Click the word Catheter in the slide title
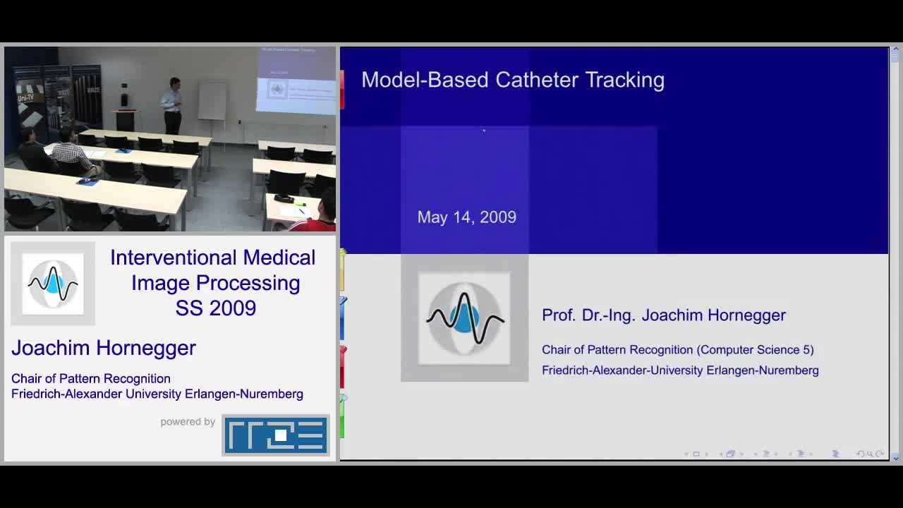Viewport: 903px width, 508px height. tap(538, 80)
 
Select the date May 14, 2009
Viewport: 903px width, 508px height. tap(467, 217)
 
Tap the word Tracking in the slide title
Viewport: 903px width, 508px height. tap(625, 80)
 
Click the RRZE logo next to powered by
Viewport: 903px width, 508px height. tap(276, 435)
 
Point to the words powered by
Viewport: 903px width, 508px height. tap(188, 422)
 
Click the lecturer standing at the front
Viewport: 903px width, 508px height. tap(171, 106)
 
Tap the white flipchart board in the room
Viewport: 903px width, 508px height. tap(212, 101)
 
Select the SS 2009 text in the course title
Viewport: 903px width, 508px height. tap(216, 308)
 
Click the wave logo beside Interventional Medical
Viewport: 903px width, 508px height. tap(53, 284)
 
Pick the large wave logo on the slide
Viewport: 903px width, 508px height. tap(464, 318)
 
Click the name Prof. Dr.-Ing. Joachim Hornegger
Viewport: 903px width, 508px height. tap(664, 315)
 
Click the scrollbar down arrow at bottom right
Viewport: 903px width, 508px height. tap(895, 459)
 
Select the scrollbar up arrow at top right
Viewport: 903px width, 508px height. tap(895, 49)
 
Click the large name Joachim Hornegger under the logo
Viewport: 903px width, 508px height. tap(104, 348)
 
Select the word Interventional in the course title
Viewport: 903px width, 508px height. tap(174, 258)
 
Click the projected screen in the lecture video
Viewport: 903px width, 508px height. tap(297, 80)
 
